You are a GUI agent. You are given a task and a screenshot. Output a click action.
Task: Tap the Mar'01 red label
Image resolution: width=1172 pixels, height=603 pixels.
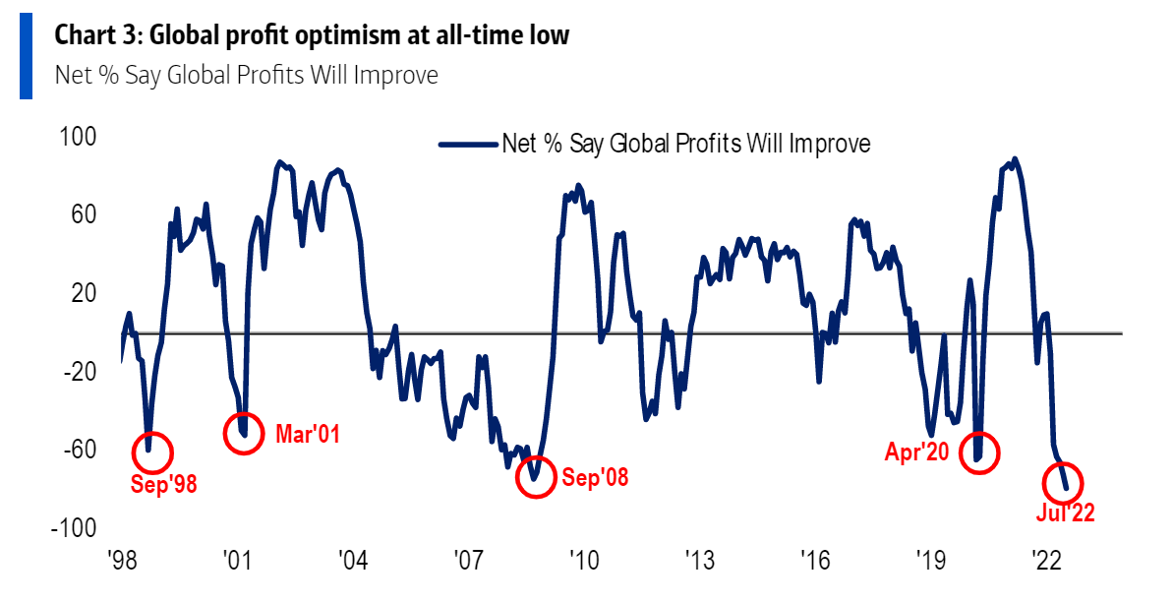(x=308, y=434)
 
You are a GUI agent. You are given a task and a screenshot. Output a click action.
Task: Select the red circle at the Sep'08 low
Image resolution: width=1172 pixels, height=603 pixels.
(x=536, y=477)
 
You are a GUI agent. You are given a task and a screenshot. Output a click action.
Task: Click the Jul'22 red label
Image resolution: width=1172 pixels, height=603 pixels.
(x=1065, y=513)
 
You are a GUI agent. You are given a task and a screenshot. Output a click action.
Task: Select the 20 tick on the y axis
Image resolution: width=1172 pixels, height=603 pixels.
(x=88, y=293)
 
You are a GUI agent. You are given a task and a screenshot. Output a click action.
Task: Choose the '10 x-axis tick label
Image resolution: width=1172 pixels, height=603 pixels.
(x=584, y=562)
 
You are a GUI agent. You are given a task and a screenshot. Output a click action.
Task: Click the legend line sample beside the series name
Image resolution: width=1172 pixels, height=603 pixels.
(x=467, y=144)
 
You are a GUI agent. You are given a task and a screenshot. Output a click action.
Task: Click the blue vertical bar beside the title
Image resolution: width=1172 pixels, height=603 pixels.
(x=26, y=56)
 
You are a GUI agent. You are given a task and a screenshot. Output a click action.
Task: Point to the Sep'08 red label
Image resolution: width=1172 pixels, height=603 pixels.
(x=595, y=478)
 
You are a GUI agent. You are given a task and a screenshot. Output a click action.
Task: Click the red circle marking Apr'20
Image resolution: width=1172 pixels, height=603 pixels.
(x=978, y=452)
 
